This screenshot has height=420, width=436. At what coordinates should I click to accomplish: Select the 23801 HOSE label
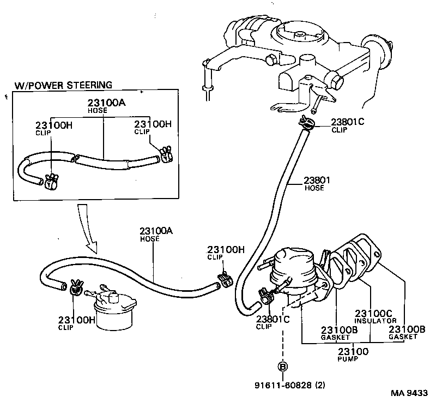[314, 184]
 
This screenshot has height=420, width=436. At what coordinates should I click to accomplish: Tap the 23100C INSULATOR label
[375, 316]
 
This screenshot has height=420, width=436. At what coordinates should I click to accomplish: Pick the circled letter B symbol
[283, 367]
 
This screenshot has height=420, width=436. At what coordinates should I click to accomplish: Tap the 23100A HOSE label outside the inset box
[156, 234]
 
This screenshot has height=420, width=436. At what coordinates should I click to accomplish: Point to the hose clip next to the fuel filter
[76, 287]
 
